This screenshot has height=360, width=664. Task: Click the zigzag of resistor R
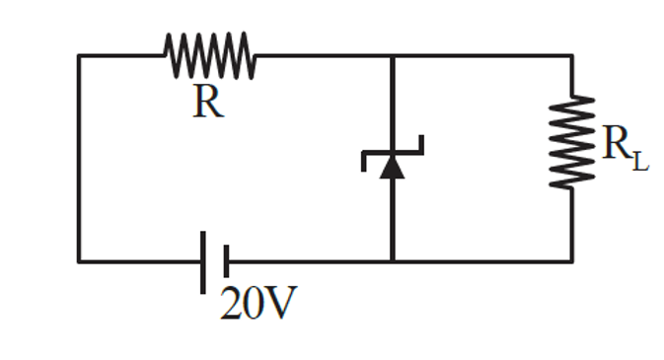pos(210,55)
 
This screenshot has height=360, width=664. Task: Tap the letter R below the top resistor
pos(207,102)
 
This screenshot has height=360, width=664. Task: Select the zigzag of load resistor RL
pos(572,140)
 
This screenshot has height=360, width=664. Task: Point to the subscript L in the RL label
pos(641,159)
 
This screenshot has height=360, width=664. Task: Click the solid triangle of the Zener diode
pos(393,167)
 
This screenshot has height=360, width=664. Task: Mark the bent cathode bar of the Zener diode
pos(393,151)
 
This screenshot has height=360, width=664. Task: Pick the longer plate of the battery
pos(204,261)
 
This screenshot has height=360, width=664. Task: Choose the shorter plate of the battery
pos(226,261)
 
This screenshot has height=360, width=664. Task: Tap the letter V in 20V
pos(280,305)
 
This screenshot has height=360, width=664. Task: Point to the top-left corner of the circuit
pos(79,56)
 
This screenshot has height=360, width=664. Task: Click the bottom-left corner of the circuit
pos(79,261)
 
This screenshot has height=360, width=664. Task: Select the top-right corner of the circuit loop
pos(572,56)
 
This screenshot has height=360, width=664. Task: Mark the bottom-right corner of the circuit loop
pos(572,261)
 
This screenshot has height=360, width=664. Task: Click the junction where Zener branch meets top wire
pos(393,56)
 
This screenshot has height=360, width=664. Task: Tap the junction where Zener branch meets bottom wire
pos(393,261)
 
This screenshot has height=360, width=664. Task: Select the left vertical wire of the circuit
pos(79,158)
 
